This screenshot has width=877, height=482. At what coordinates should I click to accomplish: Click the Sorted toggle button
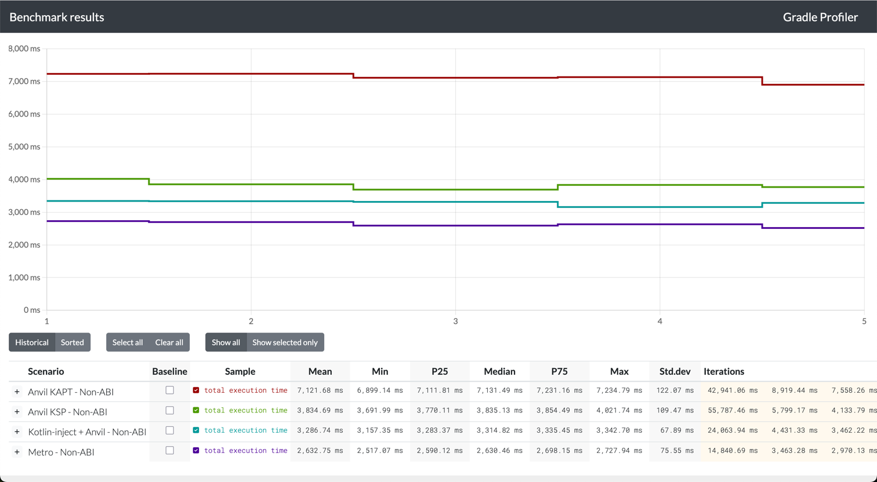[x=73, y=342]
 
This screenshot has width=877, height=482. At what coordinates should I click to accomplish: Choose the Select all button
[x=127, y=342]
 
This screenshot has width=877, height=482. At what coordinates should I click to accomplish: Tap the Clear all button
[x=169, y=342]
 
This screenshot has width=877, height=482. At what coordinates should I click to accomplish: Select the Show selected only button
[x=285, y=342]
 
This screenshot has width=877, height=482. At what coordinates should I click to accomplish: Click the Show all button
[x=226, y=342]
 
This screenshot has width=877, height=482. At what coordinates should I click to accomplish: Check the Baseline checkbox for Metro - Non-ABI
[x=169, y=451]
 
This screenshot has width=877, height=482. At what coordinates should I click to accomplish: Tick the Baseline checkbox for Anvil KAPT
[x=169, y=390]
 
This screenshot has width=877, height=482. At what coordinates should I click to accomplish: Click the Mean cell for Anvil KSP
[x=320, y=411]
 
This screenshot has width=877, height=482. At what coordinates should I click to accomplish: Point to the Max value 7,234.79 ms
[x=619, y=390]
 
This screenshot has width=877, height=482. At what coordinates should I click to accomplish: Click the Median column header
[x=499, y=371]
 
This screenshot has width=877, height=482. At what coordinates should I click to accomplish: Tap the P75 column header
[x=559, y=371]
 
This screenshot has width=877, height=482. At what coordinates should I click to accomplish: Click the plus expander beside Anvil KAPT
[x=17, y=392]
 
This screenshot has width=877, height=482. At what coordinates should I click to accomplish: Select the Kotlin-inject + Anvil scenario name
[x=87, y=432]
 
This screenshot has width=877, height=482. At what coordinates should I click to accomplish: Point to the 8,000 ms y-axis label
[x=24, y=49]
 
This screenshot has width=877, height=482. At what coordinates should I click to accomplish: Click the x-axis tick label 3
[x=455, y=321]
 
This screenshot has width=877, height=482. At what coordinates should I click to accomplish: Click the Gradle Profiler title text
[x=820, y=17]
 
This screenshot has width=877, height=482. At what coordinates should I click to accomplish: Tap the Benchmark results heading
[x=57, y=17]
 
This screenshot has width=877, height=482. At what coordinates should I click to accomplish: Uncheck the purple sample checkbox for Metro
[x=196, y=451]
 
